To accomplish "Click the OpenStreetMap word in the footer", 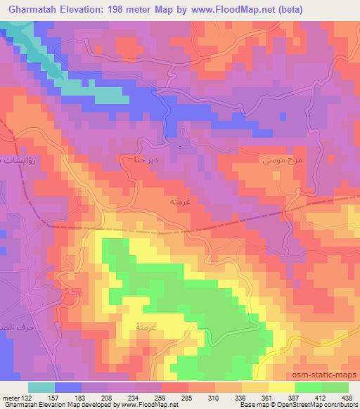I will click(x=315, y=405).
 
